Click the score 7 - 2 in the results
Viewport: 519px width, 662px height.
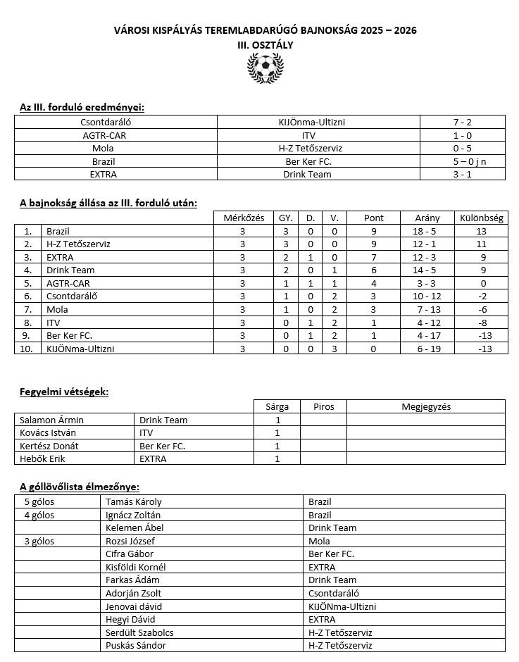click(463, 122)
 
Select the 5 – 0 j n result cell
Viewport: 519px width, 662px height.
click(463, 161)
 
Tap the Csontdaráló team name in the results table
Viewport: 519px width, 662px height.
click(115, 122)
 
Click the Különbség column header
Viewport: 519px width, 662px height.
click(481, 218)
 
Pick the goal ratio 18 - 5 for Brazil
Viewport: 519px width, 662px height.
click(427, 231)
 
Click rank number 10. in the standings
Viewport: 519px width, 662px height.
click(28, 349)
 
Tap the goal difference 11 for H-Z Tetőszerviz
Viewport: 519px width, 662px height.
click(481, 244)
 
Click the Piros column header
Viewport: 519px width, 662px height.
click(323, 406)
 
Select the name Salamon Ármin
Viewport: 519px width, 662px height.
click(47, 420)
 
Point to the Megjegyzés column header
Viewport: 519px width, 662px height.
click(426, 406)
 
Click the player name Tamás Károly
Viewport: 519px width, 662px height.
click(133, 502)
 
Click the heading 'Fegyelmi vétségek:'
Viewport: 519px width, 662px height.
click(64, 392)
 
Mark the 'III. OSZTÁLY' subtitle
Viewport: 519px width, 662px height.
click(265, 44)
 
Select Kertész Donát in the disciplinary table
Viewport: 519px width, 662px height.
click(46, 446)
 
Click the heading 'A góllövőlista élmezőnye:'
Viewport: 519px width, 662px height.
click(79, 487)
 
